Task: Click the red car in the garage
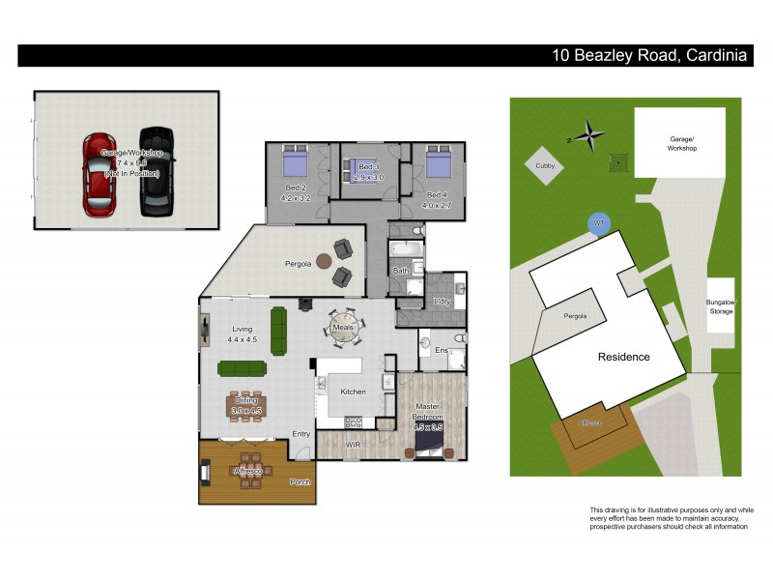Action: (100, 173)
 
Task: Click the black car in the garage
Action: (156, 171)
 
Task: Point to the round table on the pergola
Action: (322, 261)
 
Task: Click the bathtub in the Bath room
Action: (406, 250)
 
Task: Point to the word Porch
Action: (300, 481)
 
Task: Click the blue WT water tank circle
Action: (598, 223)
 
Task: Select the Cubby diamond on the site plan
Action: (546, 165)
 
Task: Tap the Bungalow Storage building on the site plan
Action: (720, 305)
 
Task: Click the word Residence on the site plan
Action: (623, 357)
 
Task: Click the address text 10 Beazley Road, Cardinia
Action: (649, 56)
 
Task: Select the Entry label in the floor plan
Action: (301, 434)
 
